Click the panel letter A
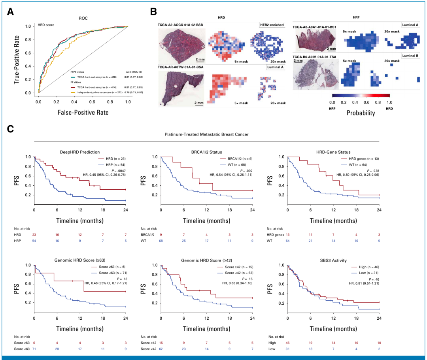pos(11,11)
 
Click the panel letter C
pos(11,129)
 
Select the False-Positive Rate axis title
pos(83,112)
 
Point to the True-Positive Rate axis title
pos(17,59)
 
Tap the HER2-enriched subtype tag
pos(272,25)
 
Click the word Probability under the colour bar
pos(361,113)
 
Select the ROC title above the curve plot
pos(83,18)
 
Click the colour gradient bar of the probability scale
pos(361,95)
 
